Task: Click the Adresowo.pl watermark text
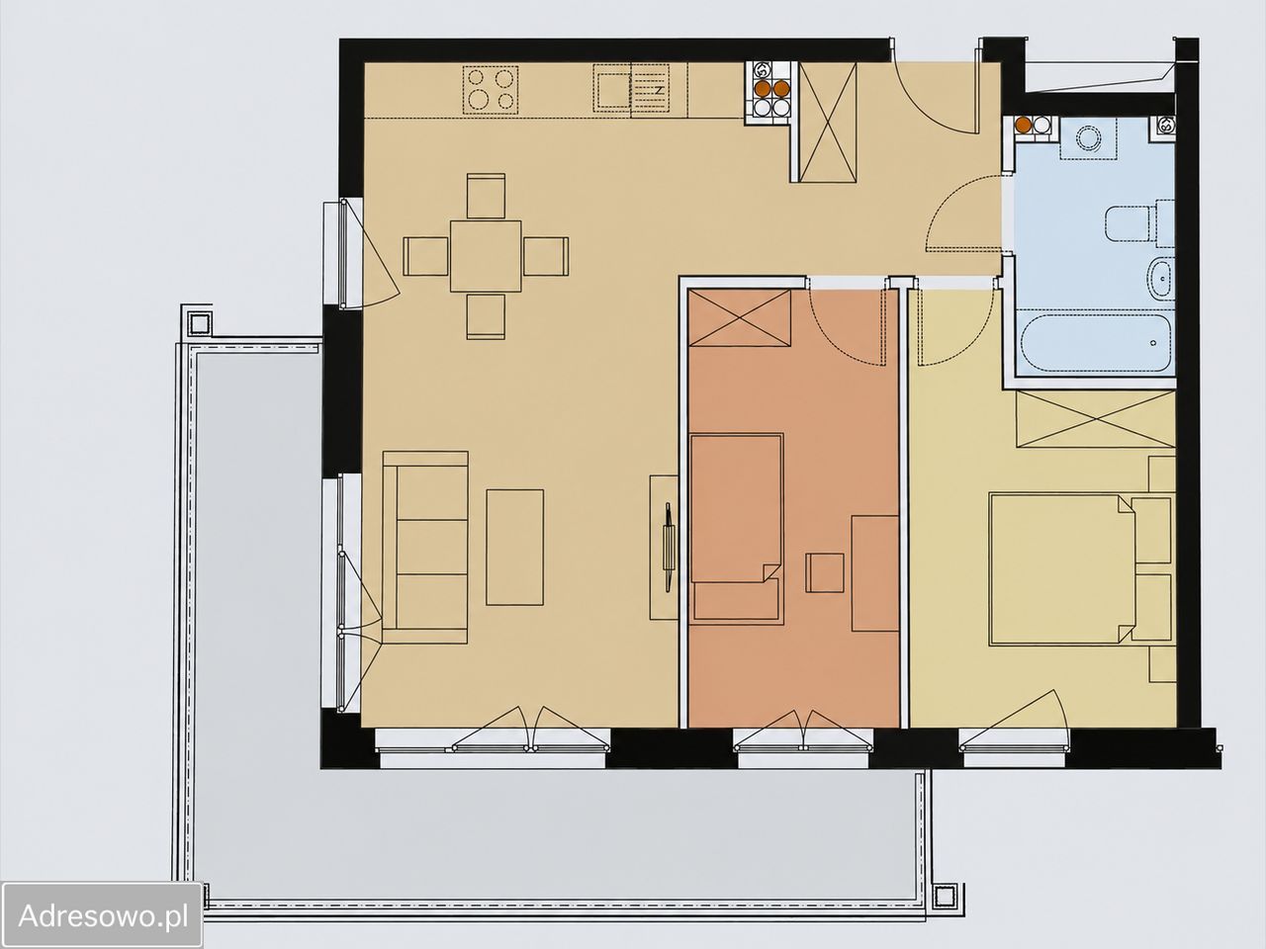[103, 915]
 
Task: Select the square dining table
[486, 256]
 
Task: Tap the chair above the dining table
[486, 196]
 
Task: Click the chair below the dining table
[486, 316]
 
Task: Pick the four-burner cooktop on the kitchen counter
[491, 89]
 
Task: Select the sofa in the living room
[425, 548]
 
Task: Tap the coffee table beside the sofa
[514, 548]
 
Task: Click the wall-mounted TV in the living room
[668, 547]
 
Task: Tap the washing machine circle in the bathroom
[1088, 138]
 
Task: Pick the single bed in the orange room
[737, 528]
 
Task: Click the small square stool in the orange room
[825, 572]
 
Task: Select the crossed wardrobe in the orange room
[740, 318]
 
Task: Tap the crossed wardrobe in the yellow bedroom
[1095, 419]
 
